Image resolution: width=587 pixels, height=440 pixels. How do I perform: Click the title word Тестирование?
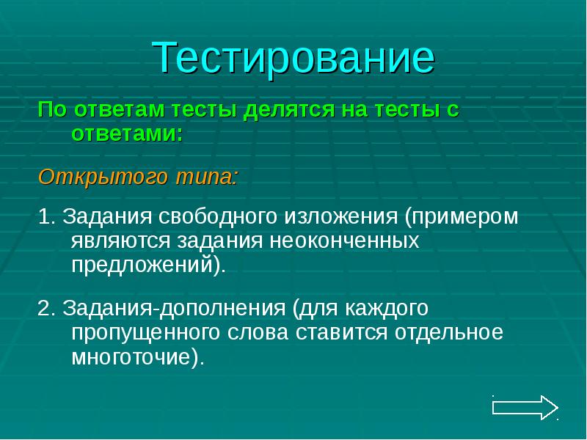(293, 58)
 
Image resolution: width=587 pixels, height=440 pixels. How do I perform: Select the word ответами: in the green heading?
(126, 134)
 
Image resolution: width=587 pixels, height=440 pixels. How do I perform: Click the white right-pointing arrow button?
(525, 407)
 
